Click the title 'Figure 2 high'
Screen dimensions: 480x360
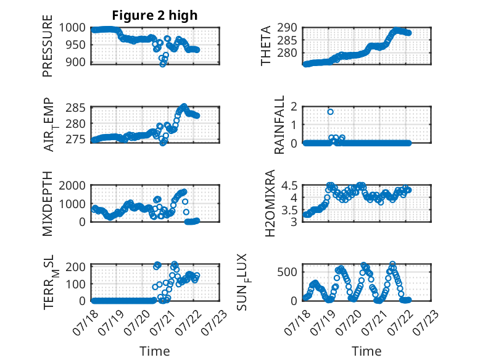(x=155, y=15)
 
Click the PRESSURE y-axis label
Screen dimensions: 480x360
(x=48, y=46)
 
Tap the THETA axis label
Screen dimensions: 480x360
(x=266, y=46)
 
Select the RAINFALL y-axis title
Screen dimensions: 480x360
(x=279, y=125)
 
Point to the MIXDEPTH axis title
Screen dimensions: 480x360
(x=48, y=203)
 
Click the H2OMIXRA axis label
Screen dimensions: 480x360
(x=270, y=203)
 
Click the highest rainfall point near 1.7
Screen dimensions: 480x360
(x=330, y=112)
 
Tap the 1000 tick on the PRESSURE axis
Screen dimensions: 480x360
(x=72, y=28)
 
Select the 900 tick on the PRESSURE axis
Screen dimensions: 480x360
(x=76, y=62)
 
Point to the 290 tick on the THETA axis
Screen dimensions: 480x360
(x=287, y=28)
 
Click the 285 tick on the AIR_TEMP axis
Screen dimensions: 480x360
(x=76, y=108)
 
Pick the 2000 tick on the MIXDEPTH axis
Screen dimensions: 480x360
(x=72, y=185)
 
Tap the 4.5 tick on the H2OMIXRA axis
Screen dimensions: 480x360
(x=289, y=185)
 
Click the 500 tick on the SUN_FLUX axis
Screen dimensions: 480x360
(x=287, y=272)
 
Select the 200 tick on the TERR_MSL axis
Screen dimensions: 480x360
(x=76, y=267)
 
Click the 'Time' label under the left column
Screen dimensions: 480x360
(x=155, y=351)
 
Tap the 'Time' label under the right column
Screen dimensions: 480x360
(x=366, y=351)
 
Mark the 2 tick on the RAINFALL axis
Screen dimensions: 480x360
(x=294, y=107)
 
